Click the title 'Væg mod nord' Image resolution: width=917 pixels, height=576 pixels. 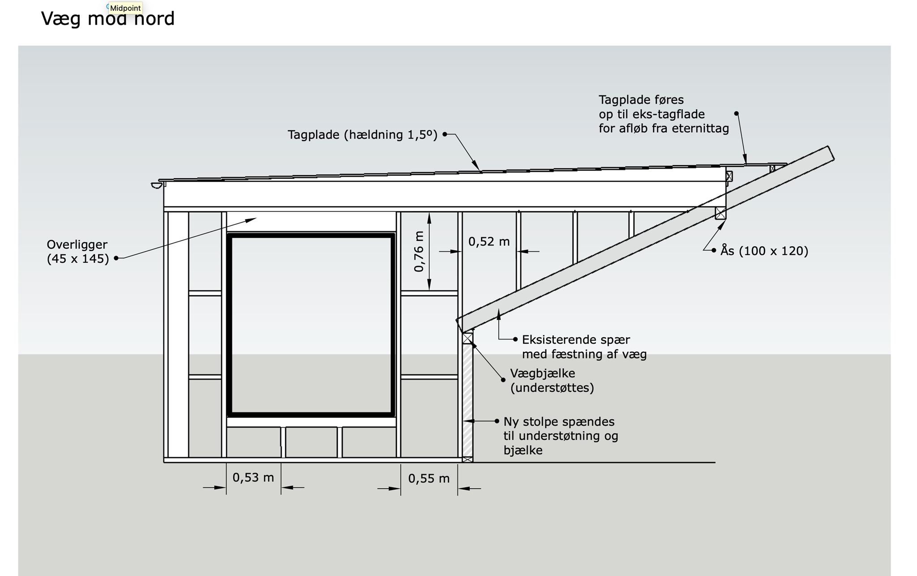[107, 19]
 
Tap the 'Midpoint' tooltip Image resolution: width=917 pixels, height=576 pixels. [125, 8]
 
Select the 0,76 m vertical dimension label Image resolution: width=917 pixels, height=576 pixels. [419, 251]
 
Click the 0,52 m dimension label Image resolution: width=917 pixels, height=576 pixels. [489, 242]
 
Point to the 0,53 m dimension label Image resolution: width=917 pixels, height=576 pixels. [253, 477]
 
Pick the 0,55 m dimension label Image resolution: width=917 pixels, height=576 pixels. [429, 478]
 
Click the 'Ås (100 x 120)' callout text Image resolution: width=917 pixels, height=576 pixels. [764, 250]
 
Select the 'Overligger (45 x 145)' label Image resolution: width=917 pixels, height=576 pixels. [78, 252]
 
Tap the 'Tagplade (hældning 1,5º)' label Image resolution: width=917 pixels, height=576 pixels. [363, 135]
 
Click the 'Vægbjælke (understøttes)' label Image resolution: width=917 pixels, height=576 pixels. [552, 380]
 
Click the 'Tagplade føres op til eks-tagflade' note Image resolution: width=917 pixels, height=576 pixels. [664, 114]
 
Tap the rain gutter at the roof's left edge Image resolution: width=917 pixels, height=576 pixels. [157, 185]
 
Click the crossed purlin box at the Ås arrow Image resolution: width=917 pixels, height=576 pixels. [720, 213]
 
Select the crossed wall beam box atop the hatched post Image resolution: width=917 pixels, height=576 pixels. [467, 338]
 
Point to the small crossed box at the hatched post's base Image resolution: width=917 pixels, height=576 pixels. [467, 460]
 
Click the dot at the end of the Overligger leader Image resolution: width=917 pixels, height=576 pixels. [116, 258]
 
